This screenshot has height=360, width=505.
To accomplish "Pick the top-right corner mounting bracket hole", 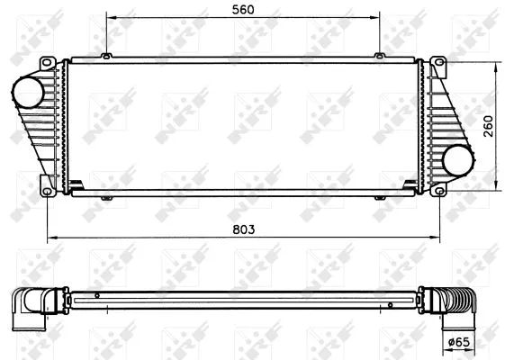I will (x=438, y=63).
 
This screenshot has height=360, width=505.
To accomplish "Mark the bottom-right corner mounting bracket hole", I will (x=438, y=190).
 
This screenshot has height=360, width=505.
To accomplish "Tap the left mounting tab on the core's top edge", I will (x=106, y=56).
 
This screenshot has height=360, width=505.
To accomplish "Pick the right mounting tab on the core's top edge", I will (x=380, y=56).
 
